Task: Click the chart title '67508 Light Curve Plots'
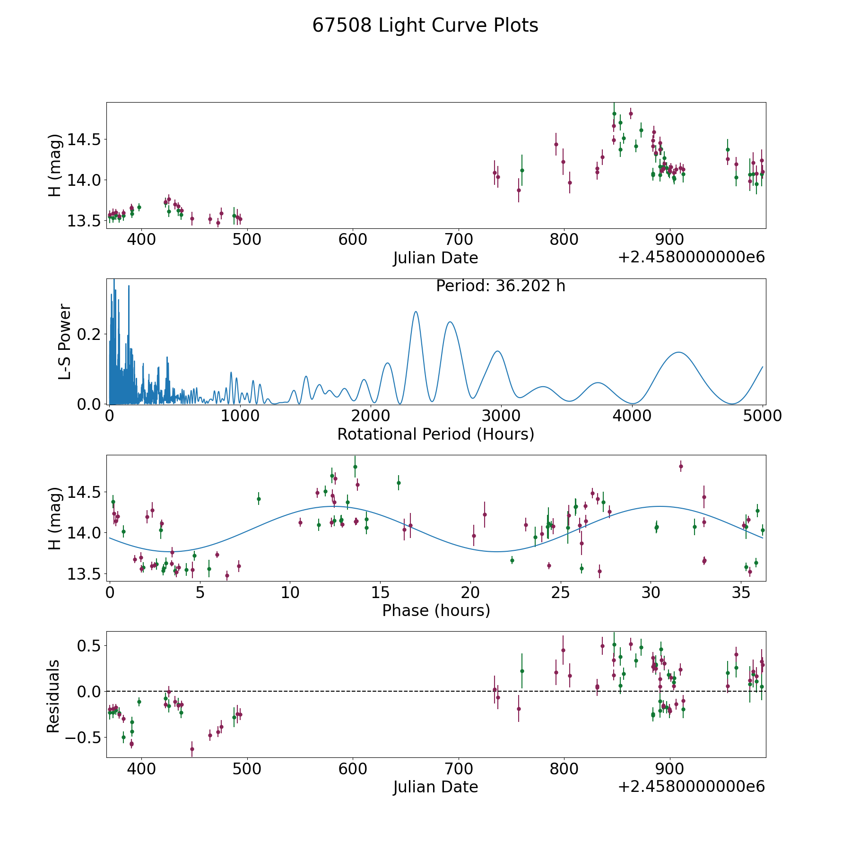(425, 26)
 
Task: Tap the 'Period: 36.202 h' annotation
(501, 286)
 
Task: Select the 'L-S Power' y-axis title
(65, 341)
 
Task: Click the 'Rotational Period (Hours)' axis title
(435, 434)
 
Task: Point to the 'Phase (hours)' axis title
(436, 610)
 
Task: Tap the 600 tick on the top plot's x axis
(353, 240)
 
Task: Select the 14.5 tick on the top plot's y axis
(85, 139)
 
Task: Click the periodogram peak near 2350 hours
(416, 312)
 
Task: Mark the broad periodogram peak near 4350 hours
(679, 352)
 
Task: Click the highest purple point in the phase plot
(681, 466)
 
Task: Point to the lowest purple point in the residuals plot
(192, 749)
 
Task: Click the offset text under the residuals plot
(691, 787)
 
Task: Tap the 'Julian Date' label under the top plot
(435, 258)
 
